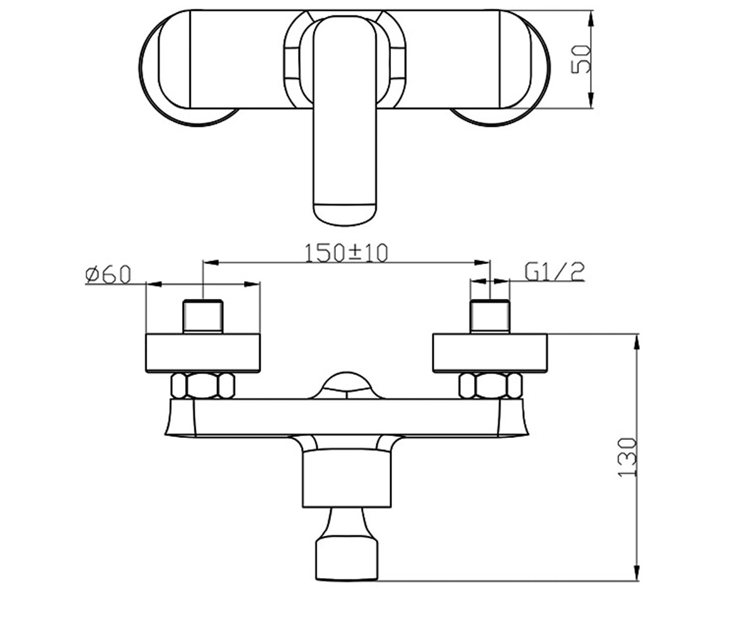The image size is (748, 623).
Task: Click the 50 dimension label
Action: point(580,59)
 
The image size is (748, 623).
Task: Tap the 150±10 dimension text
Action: point(346,253)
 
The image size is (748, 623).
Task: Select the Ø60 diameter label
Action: point(108,275)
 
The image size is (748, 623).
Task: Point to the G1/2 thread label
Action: point(555,272)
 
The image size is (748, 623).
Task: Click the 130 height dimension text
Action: point(627,457)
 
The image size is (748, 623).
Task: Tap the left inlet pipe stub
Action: point(203,316)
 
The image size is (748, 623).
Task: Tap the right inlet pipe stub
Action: point(490,316)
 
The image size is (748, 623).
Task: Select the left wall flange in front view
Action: point(203,353)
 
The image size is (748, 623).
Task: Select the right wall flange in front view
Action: point(490,353)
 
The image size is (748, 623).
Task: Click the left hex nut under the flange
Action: point(203,386)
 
